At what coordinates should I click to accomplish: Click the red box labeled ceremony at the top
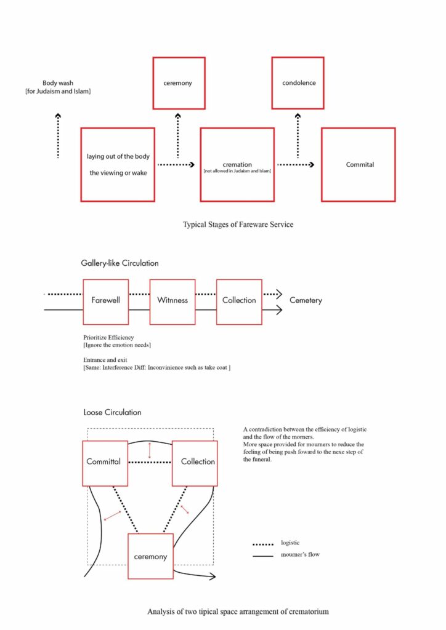[179, 83]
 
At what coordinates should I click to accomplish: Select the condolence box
[298, 83]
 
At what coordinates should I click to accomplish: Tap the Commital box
[358, 164]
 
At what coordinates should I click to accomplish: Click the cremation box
[237, 164]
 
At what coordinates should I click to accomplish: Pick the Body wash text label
[66, 87]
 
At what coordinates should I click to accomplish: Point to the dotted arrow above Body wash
[58, 135]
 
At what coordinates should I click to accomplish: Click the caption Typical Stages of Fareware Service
[238, 225]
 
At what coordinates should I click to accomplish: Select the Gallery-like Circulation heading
[120, 263]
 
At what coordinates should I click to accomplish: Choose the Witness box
[172, 301]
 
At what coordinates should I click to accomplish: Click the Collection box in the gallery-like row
[239, 301]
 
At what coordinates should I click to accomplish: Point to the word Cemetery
[306, 301]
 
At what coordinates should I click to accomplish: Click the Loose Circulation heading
[112, 412]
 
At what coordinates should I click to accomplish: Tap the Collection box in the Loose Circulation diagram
[197, 461]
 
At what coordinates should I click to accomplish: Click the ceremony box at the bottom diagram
[150, 556]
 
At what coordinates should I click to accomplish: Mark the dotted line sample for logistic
[262, 544]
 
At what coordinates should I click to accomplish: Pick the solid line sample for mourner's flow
[262, 555]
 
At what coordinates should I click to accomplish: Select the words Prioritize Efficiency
[108, 338]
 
